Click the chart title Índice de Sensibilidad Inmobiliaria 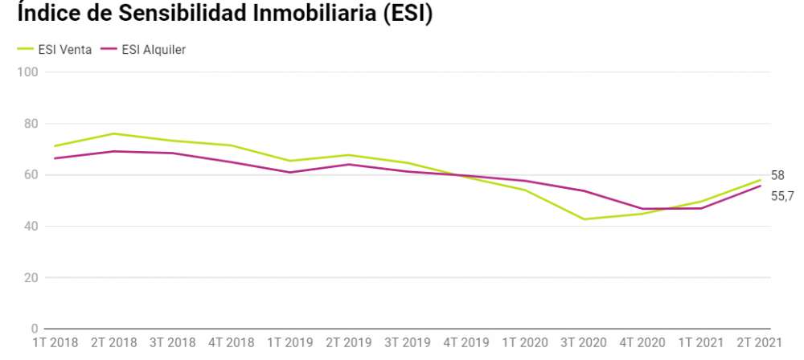click(225, 16)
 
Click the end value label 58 click(777, 175)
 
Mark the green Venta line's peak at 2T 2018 click(113, 133)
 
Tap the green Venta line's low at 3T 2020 click(584, 219)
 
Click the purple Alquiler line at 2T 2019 click(348, 164)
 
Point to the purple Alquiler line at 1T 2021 click(701, 208)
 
